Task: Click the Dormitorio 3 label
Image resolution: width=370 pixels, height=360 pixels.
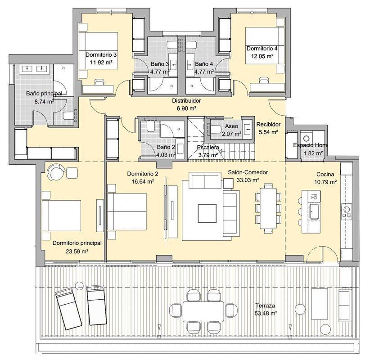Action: [x=101, y=55]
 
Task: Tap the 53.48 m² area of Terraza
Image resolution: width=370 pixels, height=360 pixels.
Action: [x=266, y=313]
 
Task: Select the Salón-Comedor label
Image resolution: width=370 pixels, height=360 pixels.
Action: [x=248, y=172]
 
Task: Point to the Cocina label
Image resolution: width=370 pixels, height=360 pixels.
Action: [x=325, y=174]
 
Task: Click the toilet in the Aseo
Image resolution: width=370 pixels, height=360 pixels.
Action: [x=215, y=129]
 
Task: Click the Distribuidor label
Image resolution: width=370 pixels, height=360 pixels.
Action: [x=186, y=101]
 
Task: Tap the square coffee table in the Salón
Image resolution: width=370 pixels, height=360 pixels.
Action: [x=207, y=213]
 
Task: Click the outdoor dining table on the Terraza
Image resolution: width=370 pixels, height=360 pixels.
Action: [x=203, y=311]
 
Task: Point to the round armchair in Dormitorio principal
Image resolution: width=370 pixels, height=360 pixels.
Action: [x=56, y=172]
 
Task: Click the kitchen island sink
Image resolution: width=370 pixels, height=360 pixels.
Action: [x=314, y=211]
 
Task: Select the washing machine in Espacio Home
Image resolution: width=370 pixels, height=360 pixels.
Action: [x=307, y=139]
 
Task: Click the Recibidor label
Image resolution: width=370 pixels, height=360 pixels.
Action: [x=269, y=124]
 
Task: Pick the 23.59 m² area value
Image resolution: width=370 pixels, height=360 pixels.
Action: [x=77, y=252]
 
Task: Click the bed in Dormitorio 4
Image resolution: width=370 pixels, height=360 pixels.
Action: [x=265, y=46]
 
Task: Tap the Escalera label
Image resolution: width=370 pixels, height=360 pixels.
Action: [x=208, y=148]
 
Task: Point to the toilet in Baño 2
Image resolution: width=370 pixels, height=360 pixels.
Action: [x=150, y=127]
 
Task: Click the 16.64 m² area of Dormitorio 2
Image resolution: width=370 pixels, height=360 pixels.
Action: [x=143, y=182]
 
